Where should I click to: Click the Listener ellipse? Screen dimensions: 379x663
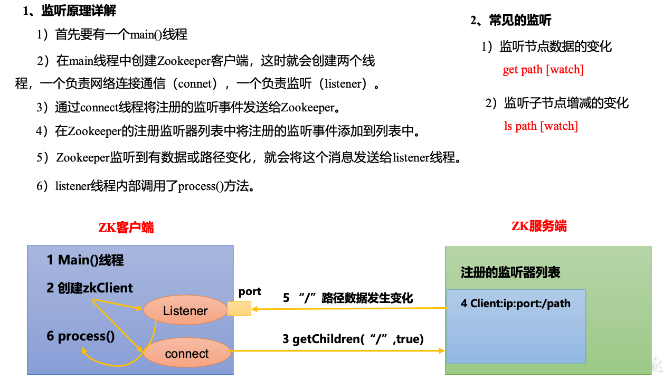[185, 311]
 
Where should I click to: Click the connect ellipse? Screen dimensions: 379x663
[187, 354]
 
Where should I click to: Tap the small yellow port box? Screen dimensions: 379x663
[239, 309]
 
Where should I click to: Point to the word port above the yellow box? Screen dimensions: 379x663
[250, 291]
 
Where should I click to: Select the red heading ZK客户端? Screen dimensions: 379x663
[126, 228]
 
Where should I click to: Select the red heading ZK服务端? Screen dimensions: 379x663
[539, 226]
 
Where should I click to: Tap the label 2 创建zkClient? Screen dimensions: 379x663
[90, 288]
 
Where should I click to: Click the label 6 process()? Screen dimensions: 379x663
[80, 336]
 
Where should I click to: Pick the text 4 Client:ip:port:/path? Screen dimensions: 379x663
[515, 304]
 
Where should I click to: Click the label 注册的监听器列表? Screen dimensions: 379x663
[510, 272]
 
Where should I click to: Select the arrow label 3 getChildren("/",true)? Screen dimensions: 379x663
[353, 339]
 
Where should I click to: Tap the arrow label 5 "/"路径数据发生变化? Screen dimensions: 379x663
[348, 298]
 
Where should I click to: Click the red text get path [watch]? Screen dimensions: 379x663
[543, 70]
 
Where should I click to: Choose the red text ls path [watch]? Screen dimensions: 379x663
[541, 126]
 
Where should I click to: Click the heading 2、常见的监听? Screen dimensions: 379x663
[510, 21]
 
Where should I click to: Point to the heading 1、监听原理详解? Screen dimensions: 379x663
[70, 11]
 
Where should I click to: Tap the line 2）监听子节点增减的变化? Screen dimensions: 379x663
[557, 103]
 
